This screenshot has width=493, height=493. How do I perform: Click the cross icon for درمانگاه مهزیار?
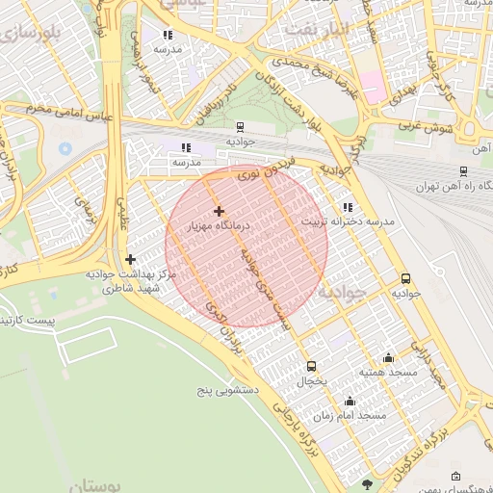[x=219, y=211]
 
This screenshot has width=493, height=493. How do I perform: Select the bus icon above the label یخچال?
[x=311, y=366]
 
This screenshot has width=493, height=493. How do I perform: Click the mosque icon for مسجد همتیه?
[x=388, y=356]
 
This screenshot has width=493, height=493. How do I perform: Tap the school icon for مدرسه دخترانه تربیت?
[x=347, y=207]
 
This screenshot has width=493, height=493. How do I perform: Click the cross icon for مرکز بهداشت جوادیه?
[x=131, y=259]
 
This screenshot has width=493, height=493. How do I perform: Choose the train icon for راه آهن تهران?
[x=463, y=171]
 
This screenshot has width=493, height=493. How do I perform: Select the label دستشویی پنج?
[x=222, y=391]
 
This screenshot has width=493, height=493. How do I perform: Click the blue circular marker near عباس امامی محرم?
[x=65, y=149]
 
